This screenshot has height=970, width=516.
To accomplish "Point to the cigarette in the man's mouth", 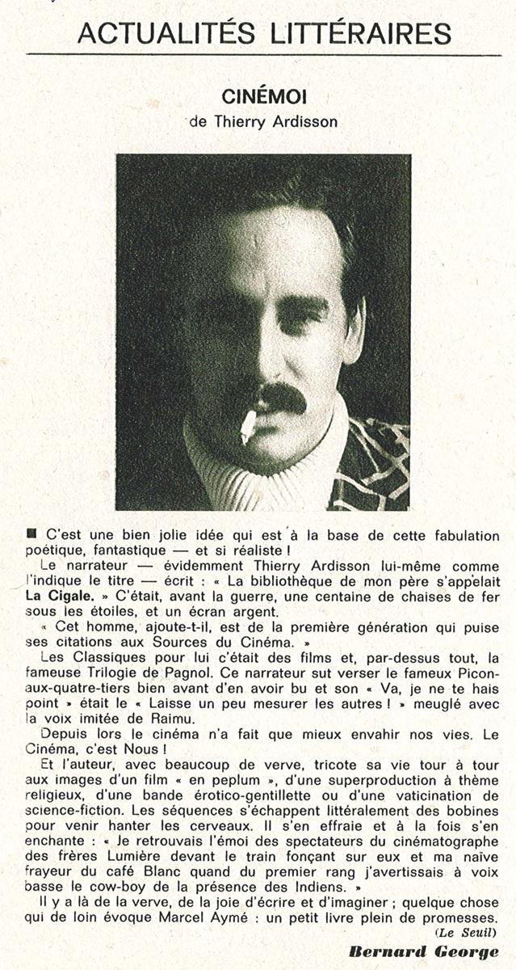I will pos(248,426).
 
